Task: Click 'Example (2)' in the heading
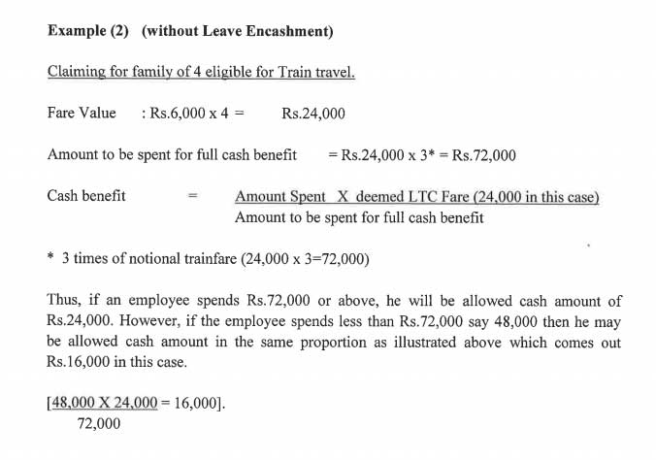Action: (90, 31)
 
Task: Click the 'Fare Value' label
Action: (82, 114)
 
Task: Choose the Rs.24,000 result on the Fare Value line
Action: (313, 114)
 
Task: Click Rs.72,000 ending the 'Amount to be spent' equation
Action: (484, 155)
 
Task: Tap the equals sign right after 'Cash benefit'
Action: (193, 197)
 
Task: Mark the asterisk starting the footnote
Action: (50, 260)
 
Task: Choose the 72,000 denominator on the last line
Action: (99, 424)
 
